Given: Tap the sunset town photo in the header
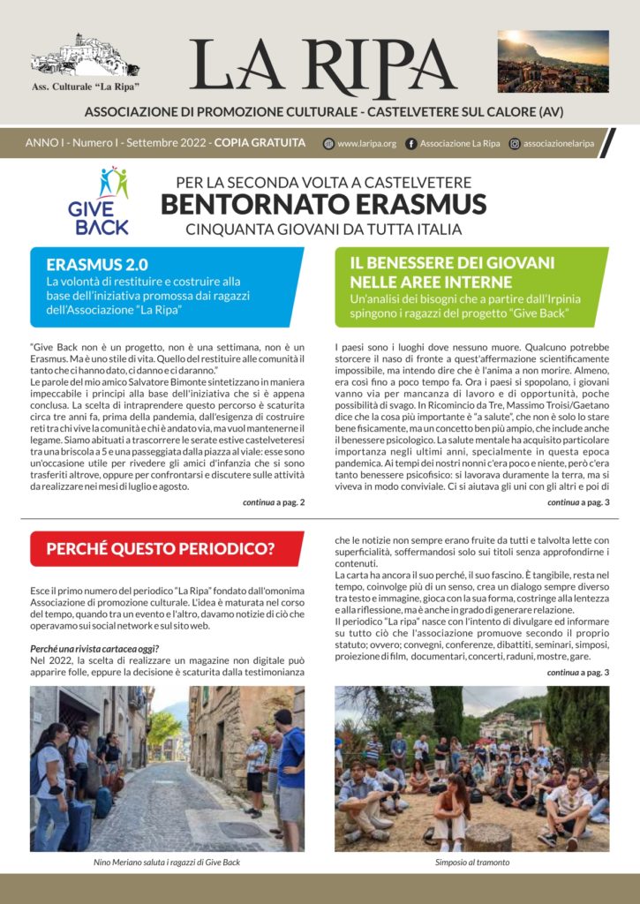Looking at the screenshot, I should click(553, 61).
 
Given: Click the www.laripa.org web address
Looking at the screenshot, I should click(366, 143).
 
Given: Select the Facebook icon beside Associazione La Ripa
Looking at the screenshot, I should click(410, 143).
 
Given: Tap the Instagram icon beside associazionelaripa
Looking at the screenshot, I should click(514, 143).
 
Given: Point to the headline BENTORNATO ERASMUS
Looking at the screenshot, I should click(323, 205).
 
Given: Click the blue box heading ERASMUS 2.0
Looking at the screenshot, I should click(97, 263).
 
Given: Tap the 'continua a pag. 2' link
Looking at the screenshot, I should click(274, 502).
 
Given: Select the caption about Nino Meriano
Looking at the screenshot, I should click(166, 863).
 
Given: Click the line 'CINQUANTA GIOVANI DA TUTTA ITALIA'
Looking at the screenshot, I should click(323, 230).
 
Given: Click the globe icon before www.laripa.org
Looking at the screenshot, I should click(329, 143).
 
